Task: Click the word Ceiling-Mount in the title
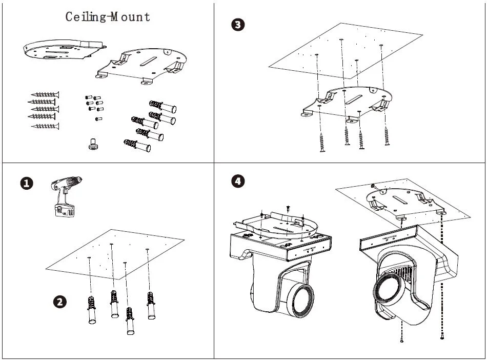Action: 108,17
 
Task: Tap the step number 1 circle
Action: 27,183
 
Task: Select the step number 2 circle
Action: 59,302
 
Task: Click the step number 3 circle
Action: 238,25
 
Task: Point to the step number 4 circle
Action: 237,181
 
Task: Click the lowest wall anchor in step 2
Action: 130,320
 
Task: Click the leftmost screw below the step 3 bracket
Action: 322,142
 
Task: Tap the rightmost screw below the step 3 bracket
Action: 387,136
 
